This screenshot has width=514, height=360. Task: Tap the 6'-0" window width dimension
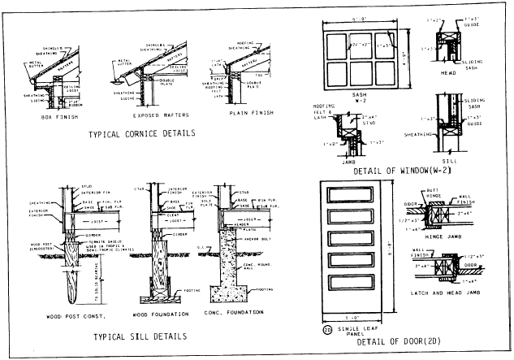click(359, 17)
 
